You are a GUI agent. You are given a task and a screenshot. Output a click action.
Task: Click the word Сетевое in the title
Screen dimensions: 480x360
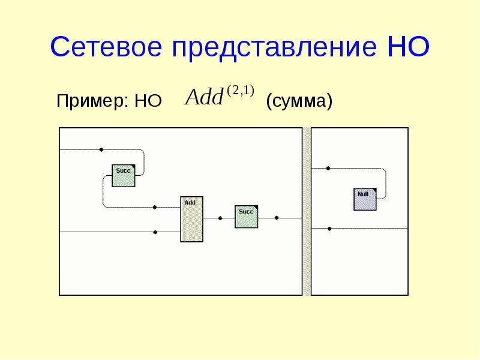tap(106, 47)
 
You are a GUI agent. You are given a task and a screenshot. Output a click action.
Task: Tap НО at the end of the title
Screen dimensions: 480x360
tap(409, 47)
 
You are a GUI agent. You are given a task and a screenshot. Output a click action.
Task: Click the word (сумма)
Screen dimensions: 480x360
tap(299, 101)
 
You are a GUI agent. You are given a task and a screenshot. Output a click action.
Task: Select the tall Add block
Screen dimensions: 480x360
tap(191, 219)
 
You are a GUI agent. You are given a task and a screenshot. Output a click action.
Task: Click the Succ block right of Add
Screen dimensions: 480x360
tap(247, 217)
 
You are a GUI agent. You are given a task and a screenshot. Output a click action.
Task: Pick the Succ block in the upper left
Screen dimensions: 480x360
tap(124, 176)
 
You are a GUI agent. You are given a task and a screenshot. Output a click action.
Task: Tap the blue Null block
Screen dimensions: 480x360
tap(365, 199)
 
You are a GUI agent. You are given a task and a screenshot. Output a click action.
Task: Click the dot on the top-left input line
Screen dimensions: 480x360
tap(101, 149)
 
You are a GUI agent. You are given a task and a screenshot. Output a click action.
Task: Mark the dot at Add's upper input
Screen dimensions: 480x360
tap(155, 207)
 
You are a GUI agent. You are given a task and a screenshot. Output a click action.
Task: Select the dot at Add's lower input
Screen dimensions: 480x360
tap(155, 232)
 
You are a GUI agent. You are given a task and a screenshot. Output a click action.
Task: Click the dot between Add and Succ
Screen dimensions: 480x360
tap(220, 218)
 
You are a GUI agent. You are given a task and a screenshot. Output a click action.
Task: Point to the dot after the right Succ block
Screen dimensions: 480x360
tap(277, 218)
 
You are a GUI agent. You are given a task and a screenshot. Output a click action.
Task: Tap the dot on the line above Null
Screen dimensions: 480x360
tap(328, 169)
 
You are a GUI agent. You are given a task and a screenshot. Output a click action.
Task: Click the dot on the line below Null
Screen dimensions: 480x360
tap(329, 229)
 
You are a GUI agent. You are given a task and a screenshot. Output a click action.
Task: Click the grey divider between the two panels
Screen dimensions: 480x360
tap(307, 212)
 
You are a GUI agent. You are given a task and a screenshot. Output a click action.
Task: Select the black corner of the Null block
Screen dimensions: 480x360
tap(374, 190)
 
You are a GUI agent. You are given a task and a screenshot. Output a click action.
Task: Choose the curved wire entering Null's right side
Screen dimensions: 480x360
tap(386, 184)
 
